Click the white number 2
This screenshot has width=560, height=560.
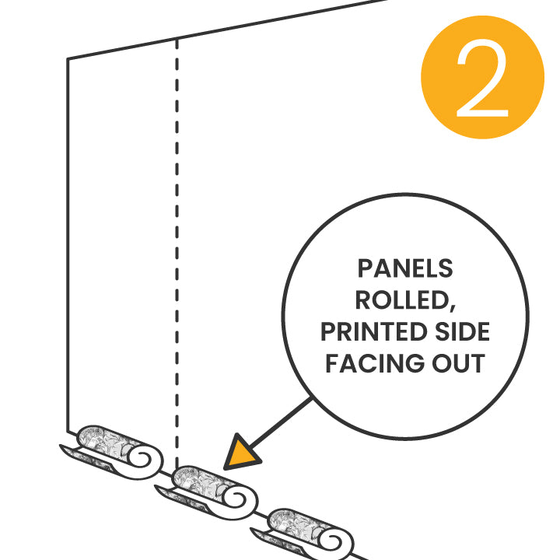(x=482, y=78)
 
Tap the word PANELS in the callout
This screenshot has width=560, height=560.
(x=404, y=269)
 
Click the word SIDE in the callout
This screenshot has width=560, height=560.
(x=463, y=332)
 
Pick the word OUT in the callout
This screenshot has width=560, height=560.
(x=459, y=363)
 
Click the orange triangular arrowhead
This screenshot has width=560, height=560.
(x=242, y=454)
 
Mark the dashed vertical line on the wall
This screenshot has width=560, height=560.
(x=177, y=233)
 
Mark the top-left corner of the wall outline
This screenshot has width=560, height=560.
(x=68, y=59)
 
